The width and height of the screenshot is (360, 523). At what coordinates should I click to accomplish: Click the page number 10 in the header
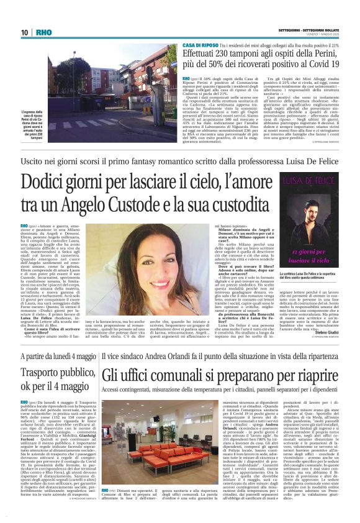[24, 32]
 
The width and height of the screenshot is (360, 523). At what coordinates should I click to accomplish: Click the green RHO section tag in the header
[44, 32]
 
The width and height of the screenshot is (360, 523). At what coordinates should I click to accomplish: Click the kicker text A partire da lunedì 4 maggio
[56, 357]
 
